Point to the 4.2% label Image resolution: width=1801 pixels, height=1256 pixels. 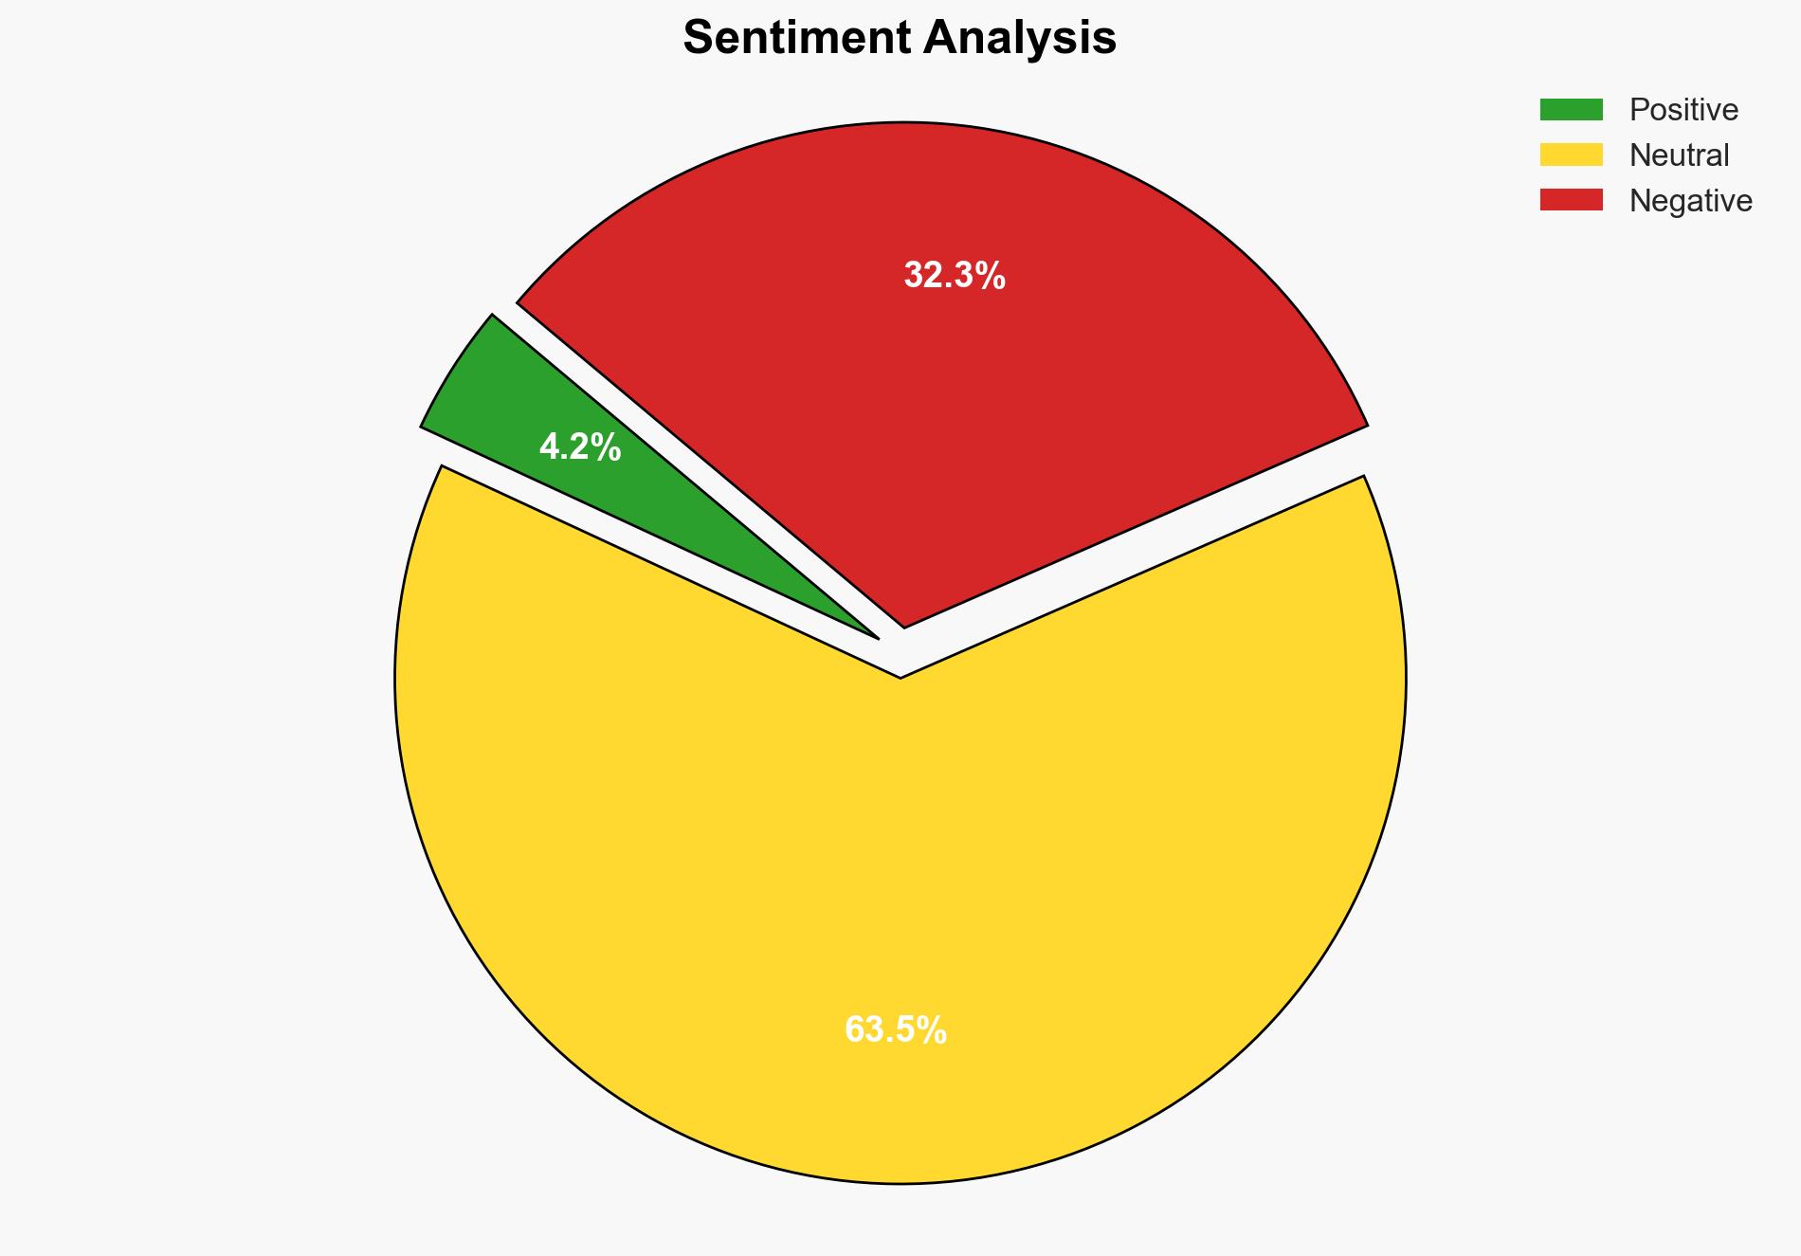click(580, 446)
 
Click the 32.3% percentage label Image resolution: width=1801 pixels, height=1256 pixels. click(955, 276)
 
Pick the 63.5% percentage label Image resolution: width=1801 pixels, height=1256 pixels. click(896, 1029)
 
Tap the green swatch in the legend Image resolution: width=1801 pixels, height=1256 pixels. click(1571, 110)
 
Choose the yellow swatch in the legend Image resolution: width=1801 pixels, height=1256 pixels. click(1571, 155)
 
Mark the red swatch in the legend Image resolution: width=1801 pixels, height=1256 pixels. click(1571, 200)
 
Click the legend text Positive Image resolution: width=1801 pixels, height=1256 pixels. click(1683, 110)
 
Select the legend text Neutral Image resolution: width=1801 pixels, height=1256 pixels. click(1679, 155)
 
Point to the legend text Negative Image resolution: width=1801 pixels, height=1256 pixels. click(1690, 201)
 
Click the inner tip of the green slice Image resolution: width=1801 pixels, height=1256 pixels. click(876, 636)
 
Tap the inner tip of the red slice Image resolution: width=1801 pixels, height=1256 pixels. click(904, 625)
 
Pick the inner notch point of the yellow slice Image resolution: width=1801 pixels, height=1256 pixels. click(900, 677)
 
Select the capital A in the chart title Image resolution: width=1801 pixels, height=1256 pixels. click(941, 39)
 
